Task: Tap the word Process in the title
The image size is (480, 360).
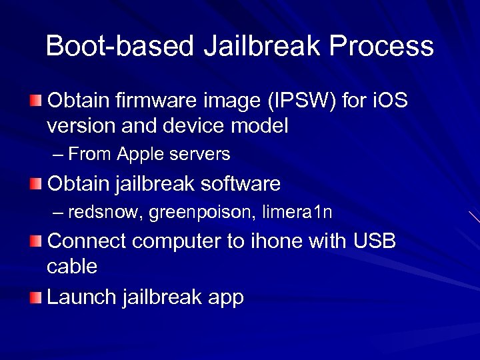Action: click(381, 47)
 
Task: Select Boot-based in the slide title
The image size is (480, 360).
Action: click(119, 47)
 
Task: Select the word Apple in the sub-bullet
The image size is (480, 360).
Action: click(139, 155)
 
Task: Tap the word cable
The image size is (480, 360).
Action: click(72, 267)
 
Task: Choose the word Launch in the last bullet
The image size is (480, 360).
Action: click(82, 297)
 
